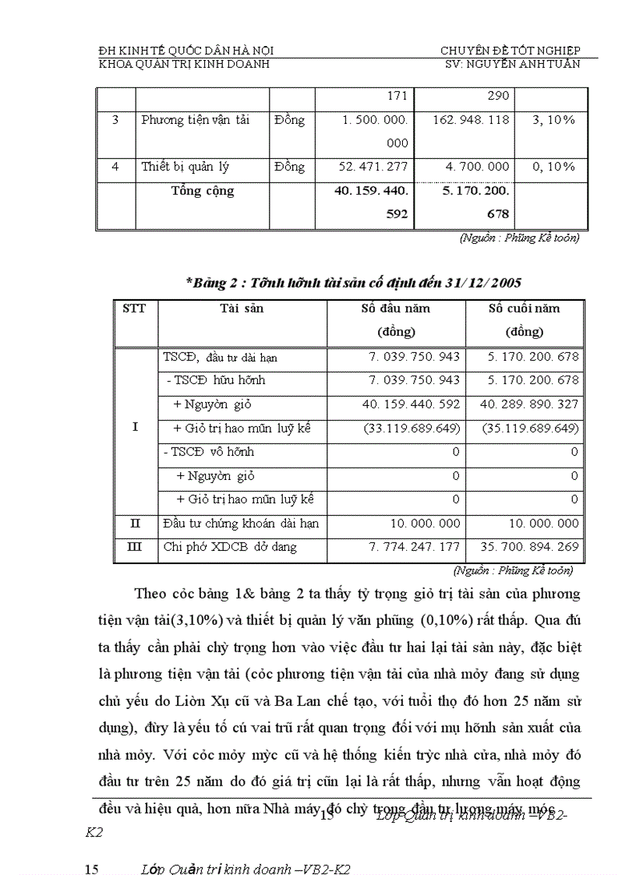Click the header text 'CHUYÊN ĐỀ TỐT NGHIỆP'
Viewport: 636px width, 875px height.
click(511, 51)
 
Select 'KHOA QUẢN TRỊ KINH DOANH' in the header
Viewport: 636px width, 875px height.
click(184, 64)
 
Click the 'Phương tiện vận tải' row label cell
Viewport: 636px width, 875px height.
click(195, 121)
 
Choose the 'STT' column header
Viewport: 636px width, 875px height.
click(134, 309)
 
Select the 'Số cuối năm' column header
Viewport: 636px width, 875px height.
click(524, 309)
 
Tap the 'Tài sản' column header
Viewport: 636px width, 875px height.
click(242, 309)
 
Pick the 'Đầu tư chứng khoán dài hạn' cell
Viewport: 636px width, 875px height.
click(241, 524)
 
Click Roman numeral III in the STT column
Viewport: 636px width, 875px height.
click(134, 548)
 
